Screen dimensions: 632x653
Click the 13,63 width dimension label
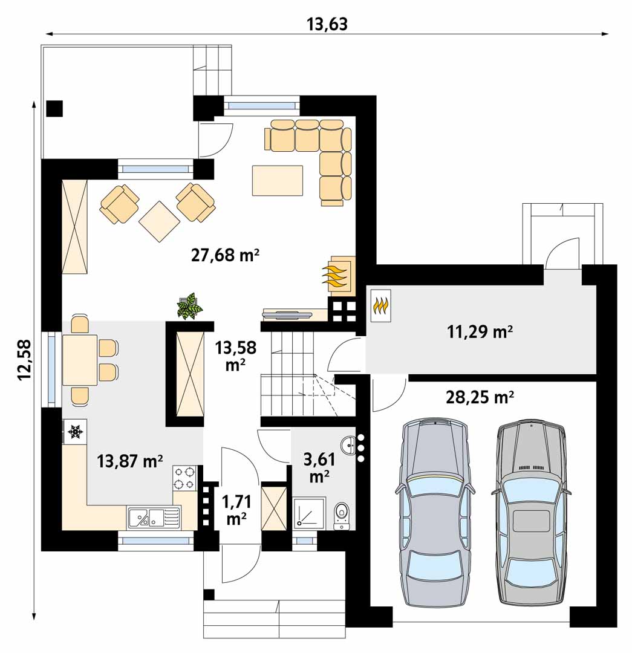327,24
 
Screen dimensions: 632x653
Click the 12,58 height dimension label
25,360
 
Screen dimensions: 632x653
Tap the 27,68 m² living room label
226,255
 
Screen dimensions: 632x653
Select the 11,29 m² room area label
480,332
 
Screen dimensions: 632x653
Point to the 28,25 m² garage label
480,397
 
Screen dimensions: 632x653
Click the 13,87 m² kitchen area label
129,461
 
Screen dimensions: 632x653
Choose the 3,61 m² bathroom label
319,467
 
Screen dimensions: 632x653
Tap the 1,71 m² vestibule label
236,510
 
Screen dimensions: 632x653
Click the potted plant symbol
189,306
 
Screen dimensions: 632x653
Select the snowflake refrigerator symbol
74,432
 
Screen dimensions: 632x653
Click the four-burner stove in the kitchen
184,478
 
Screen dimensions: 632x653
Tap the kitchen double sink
154,518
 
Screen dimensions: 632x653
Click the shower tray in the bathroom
309,513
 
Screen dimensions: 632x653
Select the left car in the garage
435,513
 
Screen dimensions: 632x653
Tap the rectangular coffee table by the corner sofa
278,180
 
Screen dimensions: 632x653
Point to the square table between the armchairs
159,221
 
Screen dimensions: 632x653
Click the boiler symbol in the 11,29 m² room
381,306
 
